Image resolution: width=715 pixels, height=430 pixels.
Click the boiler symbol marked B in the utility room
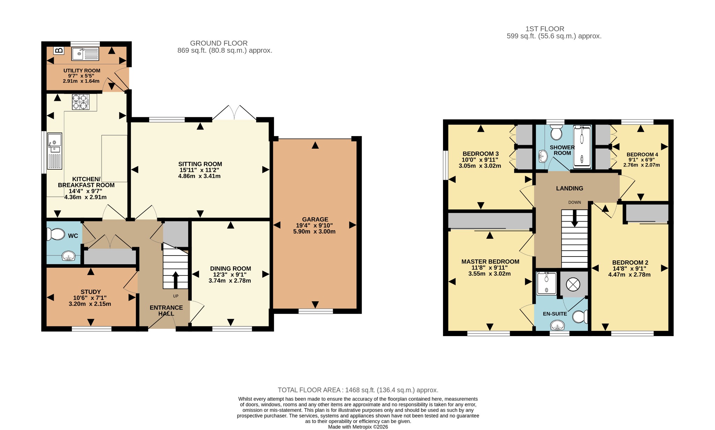click(x=59, y=50)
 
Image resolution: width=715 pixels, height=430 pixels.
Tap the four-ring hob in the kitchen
click(x=81, y=102)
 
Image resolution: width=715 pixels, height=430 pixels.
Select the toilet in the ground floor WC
click(x=56, y=234)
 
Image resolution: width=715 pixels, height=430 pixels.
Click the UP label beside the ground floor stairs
click(x=176, y=296)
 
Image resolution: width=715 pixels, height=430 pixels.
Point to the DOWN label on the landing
click(x=575, y=202)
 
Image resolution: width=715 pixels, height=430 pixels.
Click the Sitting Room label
click(x=200, y=164)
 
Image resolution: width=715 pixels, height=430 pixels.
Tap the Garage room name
click(x=315, y=220)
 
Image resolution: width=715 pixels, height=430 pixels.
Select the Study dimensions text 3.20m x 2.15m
click(x=90, y=304)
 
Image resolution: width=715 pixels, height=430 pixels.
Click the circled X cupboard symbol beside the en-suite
click(x=573, y=284)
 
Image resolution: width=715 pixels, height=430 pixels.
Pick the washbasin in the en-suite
click(x=558, y=326)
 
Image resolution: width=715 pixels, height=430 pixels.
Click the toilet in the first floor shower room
click(x=556, y=132)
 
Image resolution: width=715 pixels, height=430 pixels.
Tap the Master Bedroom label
click(x=490, y=262)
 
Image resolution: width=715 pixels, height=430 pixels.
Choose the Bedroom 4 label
click(x=642, y=155)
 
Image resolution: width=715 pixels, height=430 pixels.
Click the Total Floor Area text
click(x=358, y=390)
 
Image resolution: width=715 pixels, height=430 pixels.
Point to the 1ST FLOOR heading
click(x=545, y=29)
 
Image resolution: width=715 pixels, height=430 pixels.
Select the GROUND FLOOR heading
click(x=219, y=43)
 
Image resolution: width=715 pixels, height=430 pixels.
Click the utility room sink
click(x=86, y=54)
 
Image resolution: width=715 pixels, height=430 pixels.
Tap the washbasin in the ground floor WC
click(x=69, y=257)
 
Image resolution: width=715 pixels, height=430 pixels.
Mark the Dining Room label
click(x=230, y=269)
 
